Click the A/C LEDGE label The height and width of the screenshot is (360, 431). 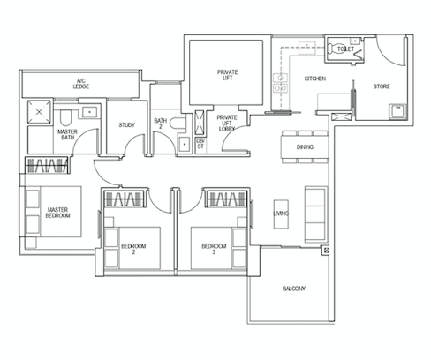pos(81,84)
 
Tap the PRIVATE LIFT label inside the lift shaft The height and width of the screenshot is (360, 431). pos(227,75)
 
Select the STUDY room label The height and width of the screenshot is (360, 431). pos(126,125)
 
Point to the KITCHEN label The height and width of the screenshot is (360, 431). pos(315,79)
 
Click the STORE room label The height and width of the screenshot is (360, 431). pos(382,86)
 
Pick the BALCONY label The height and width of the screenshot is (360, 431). pos(294,289)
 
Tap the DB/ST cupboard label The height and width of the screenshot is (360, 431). pos(200,144)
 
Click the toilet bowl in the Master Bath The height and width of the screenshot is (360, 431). pos(65,117)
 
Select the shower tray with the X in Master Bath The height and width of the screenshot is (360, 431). pos(39,112)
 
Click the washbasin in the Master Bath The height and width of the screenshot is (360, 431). pos(89,112)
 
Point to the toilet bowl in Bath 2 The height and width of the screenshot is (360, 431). pos(178,123)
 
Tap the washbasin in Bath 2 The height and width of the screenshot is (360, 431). pos(185,144)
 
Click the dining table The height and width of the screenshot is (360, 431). pos(305,146)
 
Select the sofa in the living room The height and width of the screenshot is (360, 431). pos(315,214)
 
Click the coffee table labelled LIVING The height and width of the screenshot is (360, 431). pos(281,214)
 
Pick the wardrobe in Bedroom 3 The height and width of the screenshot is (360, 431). pos(227,199)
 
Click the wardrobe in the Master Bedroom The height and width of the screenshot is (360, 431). pos(47,165)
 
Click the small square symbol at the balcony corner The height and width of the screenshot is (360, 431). pos(327,251)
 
